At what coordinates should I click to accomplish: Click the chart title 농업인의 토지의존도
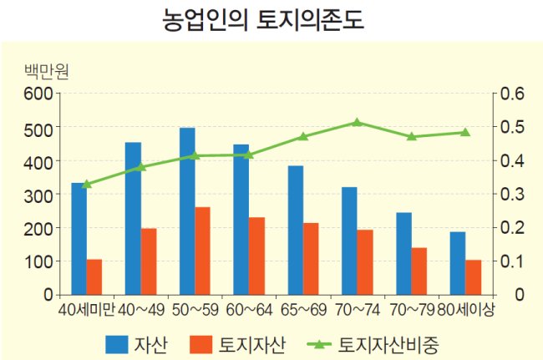click(x=263, y=20)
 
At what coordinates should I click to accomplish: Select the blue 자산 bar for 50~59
click(x=187, y=211)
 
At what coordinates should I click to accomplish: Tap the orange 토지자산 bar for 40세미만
click(x=94, y=277)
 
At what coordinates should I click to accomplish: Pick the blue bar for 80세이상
click(x=458, y=263)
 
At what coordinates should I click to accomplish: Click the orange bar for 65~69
click(x=311, y=259)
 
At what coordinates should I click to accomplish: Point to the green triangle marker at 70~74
click(x=358, y=122)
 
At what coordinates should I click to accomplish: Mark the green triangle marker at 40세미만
click(x=87, y=184)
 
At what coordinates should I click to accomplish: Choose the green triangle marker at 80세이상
click(x=465, y=132)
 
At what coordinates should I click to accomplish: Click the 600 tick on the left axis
click(x=38, y=94)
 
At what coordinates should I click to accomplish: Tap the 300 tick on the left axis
click(x=38, y=194)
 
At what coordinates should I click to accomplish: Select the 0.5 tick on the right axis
click(x=513, y=127)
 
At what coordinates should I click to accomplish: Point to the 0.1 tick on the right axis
click(x=513, y=261)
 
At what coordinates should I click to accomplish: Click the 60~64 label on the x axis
click(x=249, y=310)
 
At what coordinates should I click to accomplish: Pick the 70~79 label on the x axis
click(x=412, y=310)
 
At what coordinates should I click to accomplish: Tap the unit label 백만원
click(x=47, y=72)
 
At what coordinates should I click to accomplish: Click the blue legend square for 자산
click(x=117, y=345)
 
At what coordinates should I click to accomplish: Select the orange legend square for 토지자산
click(x=200, y=345)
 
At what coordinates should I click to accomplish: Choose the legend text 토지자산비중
click(x=388, y=345)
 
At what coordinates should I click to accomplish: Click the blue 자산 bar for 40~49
click(x=134, y=219)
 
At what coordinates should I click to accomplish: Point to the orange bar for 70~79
click(x=419, y=271)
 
